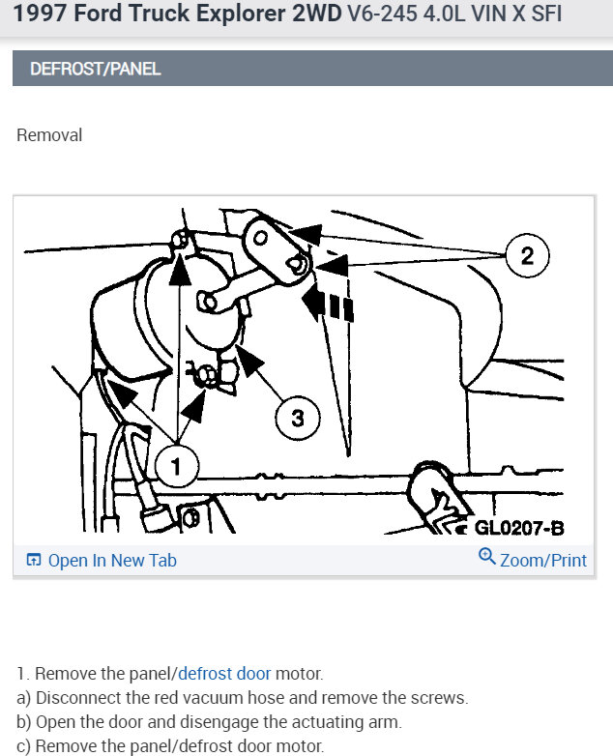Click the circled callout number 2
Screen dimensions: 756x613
tap(527, 256)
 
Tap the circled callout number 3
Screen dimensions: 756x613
tap(298, 419)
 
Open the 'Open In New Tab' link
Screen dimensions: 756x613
tap(112, 561)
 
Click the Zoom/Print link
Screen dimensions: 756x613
tap(543, 561)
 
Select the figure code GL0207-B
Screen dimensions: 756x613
tap(518, 528)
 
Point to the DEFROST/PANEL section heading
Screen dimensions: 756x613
tap(96, 70)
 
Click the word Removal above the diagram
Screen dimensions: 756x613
tap(49, 135)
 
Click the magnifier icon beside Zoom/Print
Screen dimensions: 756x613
tap(486, 558)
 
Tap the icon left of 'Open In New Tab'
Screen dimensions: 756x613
tap(34, 561)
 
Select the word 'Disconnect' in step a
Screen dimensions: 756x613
tap(75, 698)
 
